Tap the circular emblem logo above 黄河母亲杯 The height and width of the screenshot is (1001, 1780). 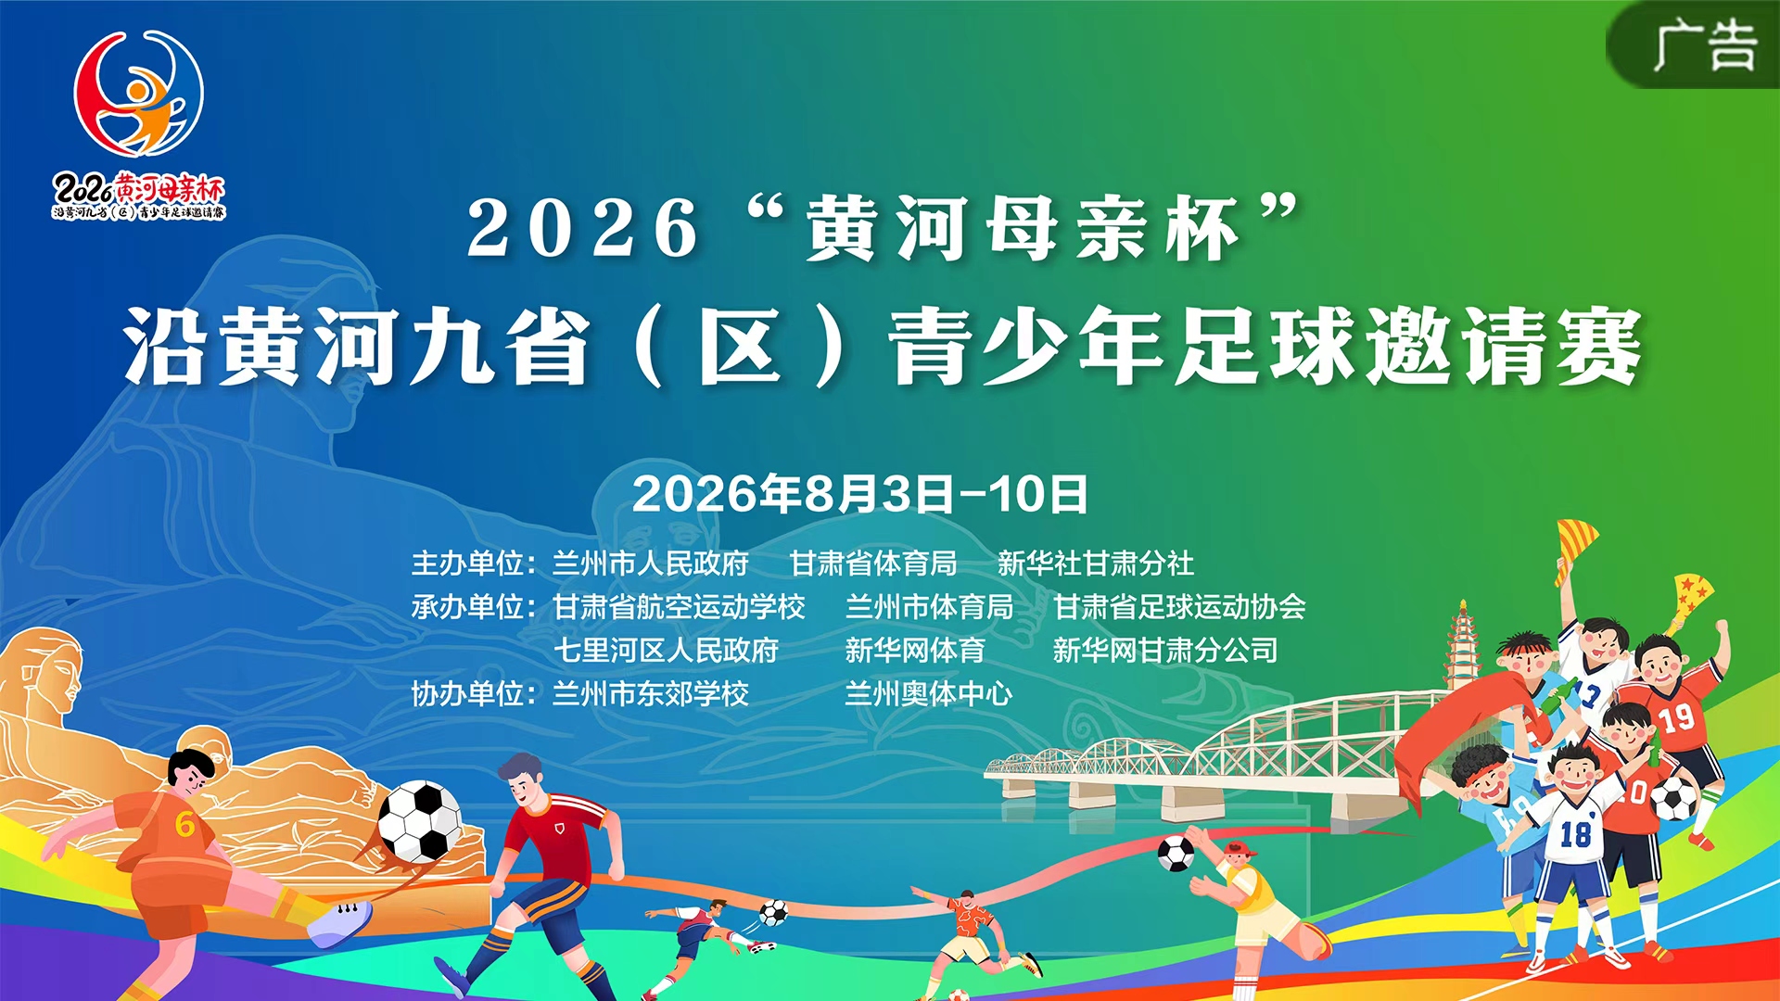coord(139,93)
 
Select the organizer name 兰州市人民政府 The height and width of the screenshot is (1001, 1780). coord(651,563)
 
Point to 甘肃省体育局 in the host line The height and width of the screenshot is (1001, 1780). coord(873,563)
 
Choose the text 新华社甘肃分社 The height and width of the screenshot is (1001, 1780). coord(1096,563)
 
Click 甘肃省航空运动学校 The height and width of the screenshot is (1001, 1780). coord(679,606)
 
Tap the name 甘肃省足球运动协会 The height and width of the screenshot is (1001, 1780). coord(1179,606)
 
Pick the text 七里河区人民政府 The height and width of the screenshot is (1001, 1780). coord(666,650)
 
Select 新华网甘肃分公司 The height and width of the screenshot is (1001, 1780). coord(1165,650)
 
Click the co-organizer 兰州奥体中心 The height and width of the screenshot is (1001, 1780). coord(929,693)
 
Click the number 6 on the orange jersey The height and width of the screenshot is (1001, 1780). coord(184,823)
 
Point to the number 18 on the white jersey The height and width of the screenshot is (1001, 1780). coord(1575,834)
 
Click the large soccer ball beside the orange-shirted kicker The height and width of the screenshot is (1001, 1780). coord(420,821)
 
